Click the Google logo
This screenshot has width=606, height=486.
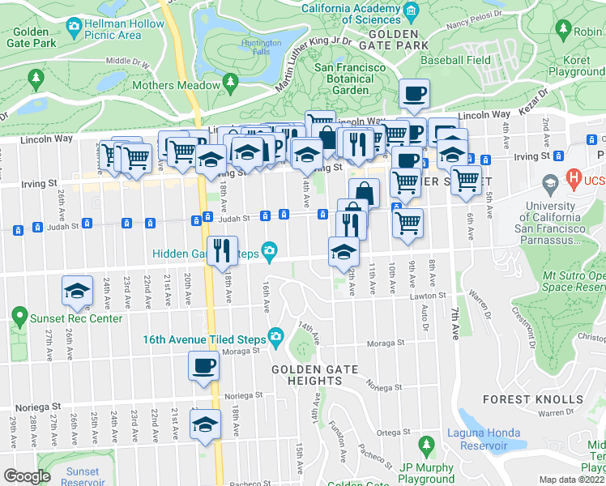point(27,476)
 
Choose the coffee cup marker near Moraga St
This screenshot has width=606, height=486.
point(203,365)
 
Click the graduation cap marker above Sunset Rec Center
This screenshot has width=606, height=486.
point(77,291)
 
